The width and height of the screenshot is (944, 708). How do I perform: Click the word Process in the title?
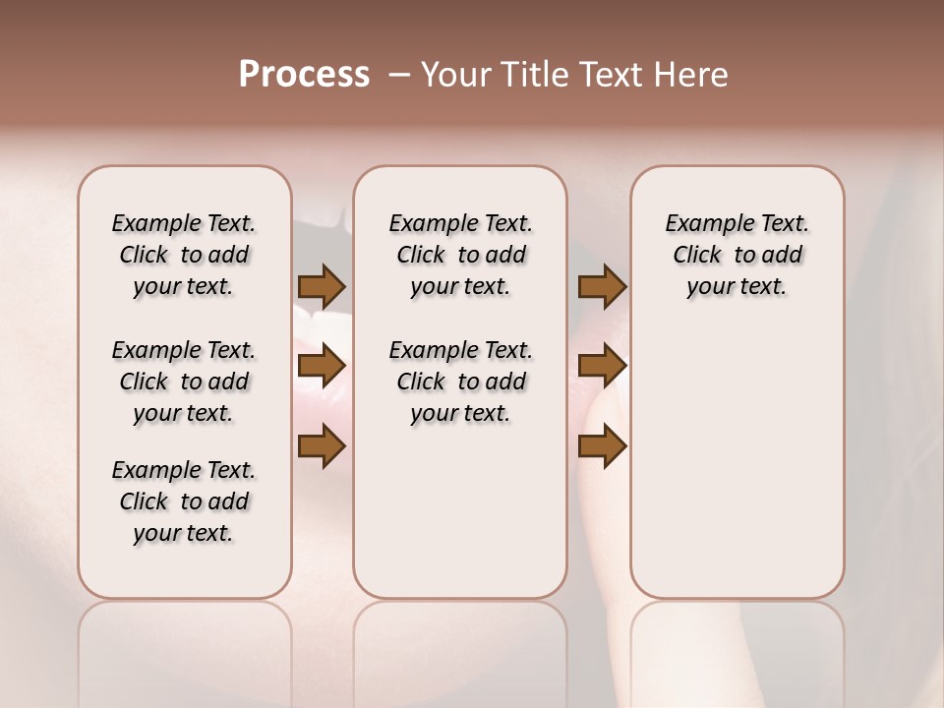pyautogui.click(x=304, y=74)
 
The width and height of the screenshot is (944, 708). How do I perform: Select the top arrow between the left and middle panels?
pyautogui.click(x=322, y=286)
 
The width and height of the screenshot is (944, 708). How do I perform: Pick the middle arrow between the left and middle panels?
pyautogui.click(x=322, y=367)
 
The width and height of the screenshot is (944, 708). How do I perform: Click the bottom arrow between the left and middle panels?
pyautogui.click(x=322, y=447)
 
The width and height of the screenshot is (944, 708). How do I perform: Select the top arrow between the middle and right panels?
pyautogui.click(x=602, y=286)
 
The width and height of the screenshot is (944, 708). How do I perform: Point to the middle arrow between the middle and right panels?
pyautogui.click(x=602, y=367)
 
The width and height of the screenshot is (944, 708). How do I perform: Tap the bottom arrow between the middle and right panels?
pyautogui.click(x=602, y=447)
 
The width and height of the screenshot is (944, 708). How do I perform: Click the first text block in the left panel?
pyautogui.click(x=184, y=255)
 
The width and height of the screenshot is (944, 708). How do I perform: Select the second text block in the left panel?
pyautogui.click(x=184, y=382)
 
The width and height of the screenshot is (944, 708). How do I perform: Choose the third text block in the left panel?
pyautogui.click(x=184, y=501)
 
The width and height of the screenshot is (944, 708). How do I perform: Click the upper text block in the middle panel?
pyautogui.click(x=461, y=255)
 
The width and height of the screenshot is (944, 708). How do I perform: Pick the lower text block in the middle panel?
pyautogui.click(x=461, y=382)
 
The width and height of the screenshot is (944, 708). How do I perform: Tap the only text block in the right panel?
pyautogui.click(x=737, y=255)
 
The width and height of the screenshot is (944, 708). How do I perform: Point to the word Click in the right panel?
pyautogui.click(x=697, y=256)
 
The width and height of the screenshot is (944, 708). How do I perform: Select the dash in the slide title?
pyautogui.click(x=399, y=74)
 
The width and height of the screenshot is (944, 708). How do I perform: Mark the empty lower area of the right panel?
pyautogui.click(x=737, y=462)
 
